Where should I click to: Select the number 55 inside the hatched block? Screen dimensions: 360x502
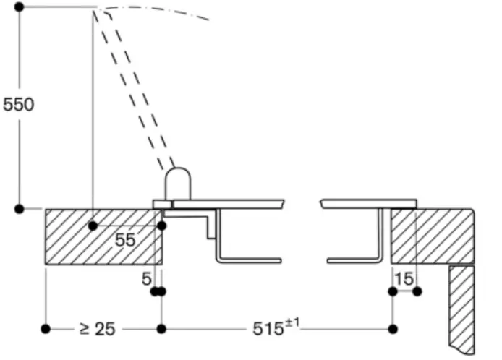point(125,240)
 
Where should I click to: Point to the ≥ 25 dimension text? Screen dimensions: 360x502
point(97,330)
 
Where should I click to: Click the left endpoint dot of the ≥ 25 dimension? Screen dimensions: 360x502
point(46,329)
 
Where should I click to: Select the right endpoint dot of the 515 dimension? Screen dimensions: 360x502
point(392,329)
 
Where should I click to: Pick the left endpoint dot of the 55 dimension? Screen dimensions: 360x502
point(93,226)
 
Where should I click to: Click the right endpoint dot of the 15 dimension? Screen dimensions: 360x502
point(417,291)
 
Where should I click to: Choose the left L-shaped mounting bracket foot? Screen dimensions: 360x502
point(246,259)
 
